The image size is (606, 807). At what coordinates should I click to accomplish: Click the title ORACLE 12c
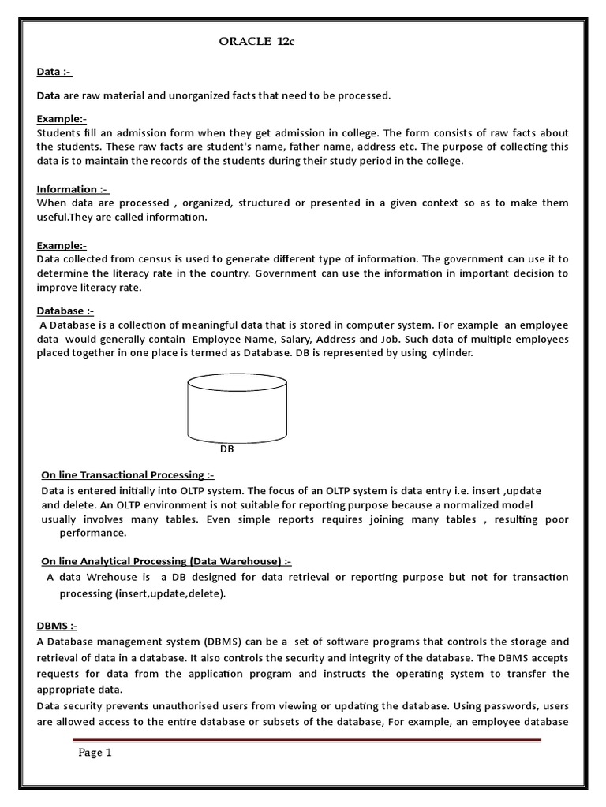(256, 42)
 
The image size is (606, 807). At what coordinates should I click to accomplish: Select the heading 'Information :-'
(73, 189)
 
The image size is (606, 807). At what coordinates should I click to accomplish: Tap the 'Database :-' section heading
(65, 311)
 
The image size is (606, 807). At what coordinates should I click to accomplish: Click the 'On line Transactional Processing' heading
(127, 474)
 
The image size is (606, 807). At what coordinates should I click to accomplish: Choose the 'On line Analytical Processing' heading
(166, 561)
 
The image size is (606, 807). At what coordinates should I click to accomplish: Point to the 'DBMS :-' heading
(57, 626)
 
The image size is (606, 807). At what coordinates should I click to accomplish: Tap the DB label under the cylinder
(227, 450)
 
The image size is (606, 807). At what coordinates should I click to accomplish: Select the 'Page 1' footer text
(95, 753)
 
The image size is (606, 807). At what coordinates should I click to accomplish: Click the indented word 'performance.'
(93, 534)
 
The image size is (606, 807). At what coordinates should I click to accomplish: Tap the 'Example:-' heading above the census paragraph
(62, 245)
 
